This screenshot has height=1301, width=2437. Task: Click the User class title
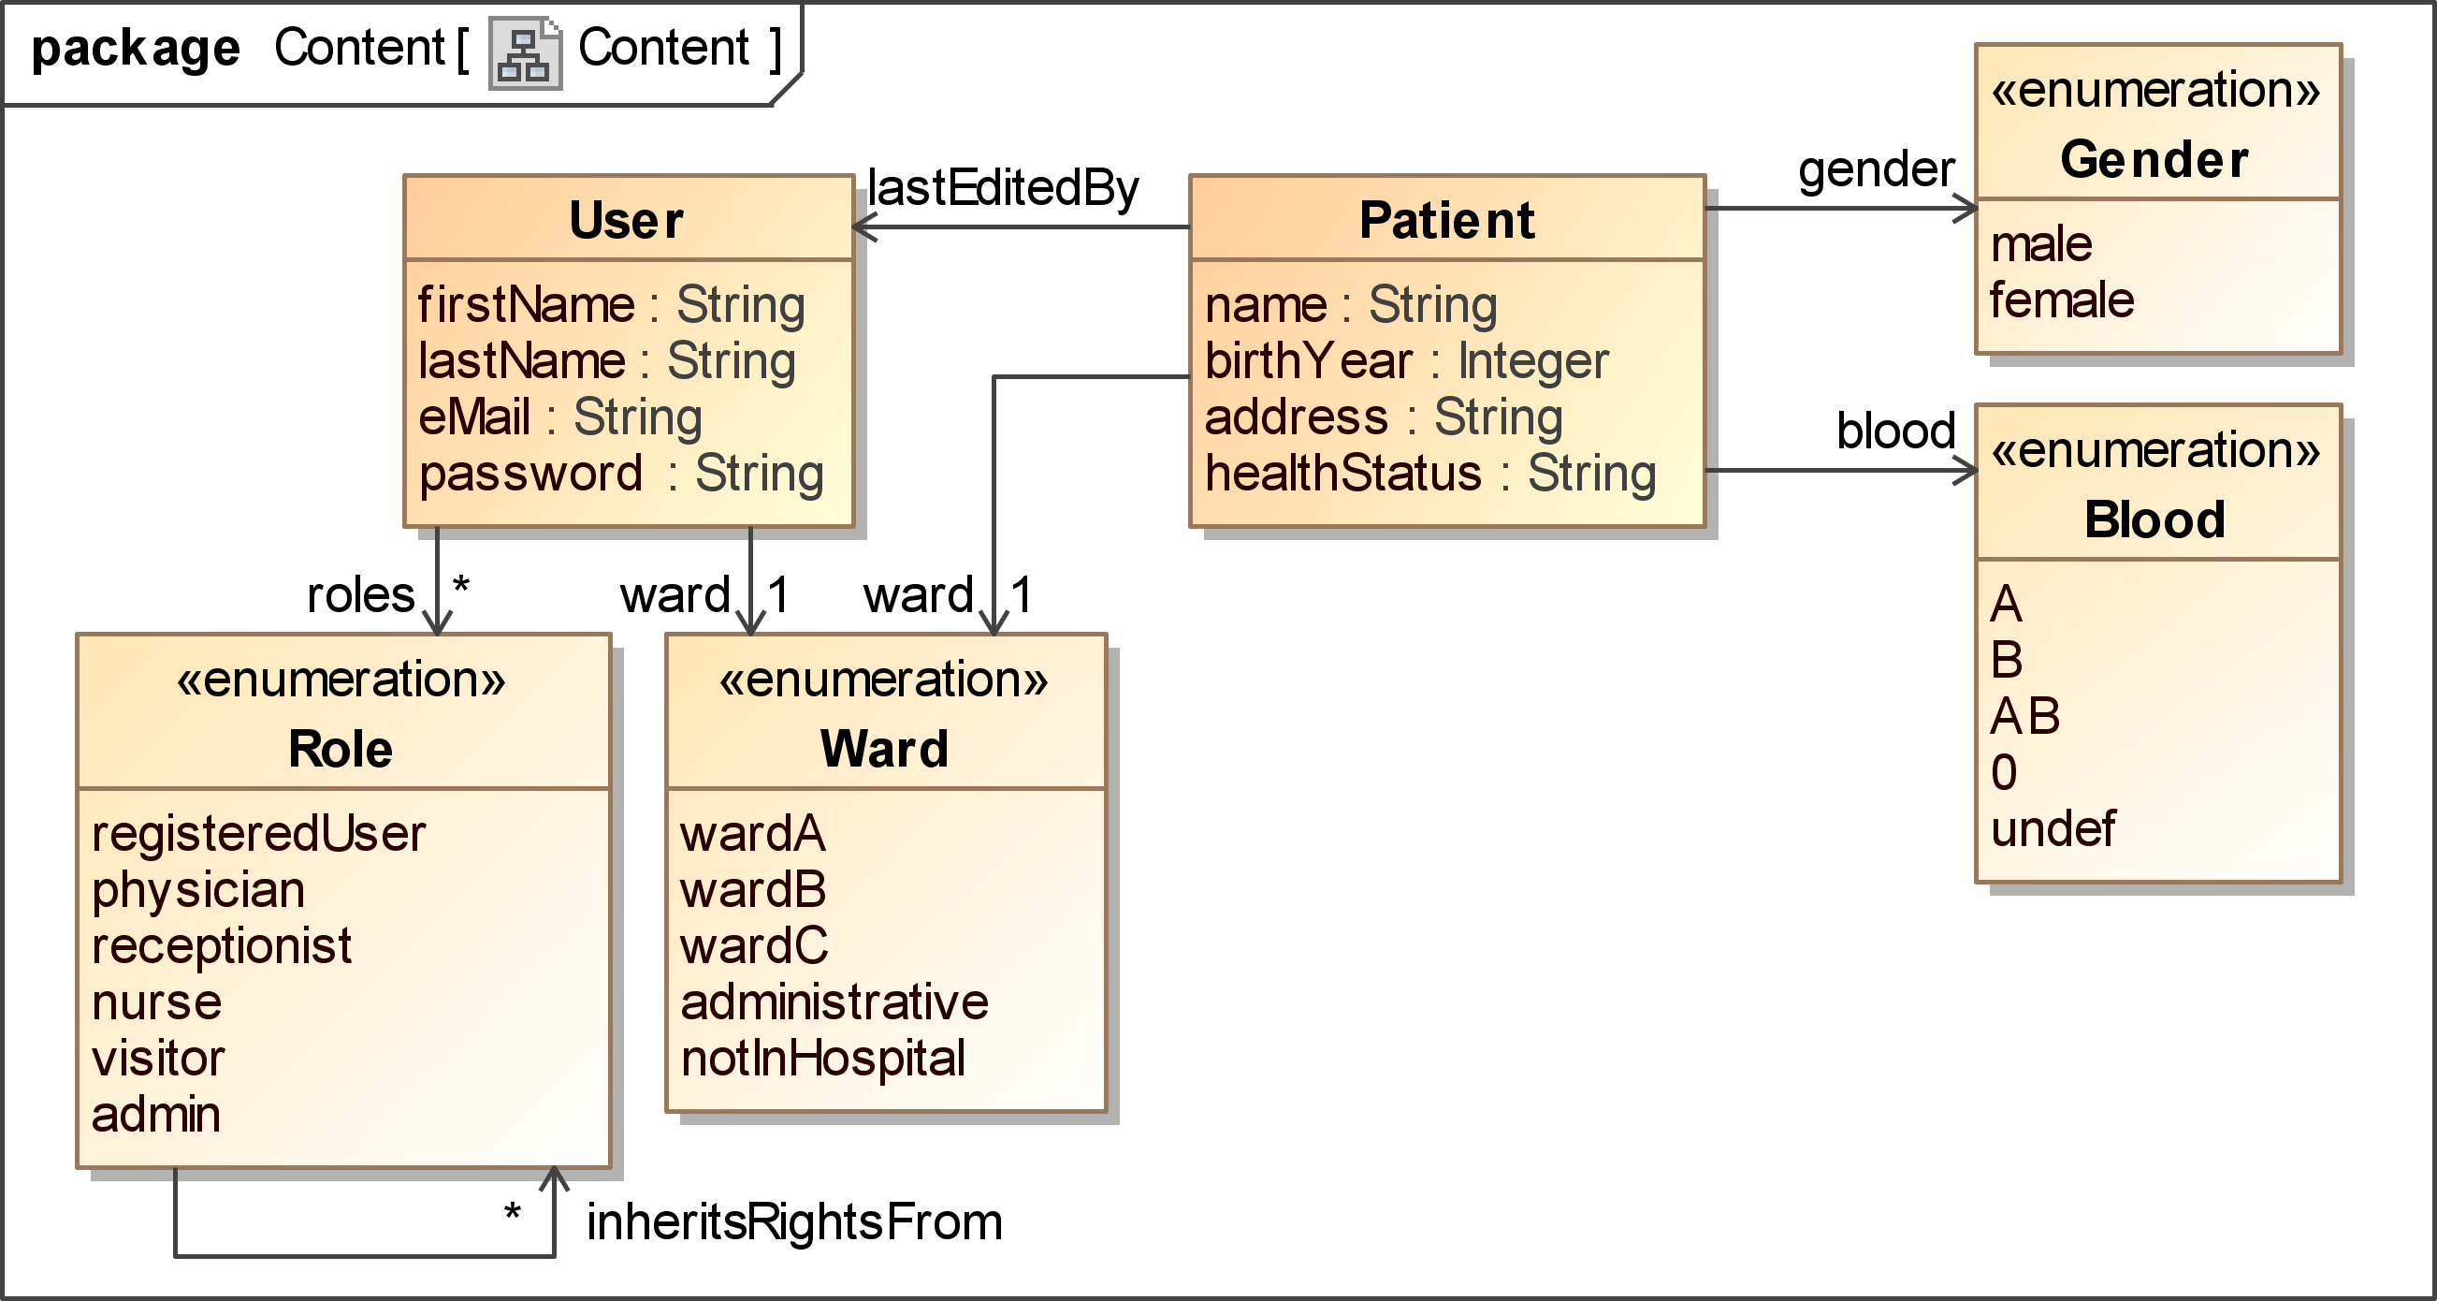pyautogui.click(x=626, y=221)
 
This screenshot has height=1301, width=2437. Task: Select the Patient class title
pyautogui.click(x=1446, y=221)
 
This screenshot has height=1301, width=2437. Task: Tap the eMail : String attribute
pyautogui.click(x=560, y=417)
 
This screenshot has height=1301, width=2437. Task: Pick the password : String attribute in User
pyautogui.click(x=620, y=473)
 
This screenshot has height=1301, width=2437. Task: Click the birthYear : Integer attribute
pyautogui.click(x=1406, y=361)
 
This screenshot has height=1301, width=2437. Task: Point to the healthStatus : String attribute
pyautogui.click(x=1430, y=473)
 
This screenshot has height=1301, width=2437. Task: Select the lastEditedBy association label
pyautogui.click(x=1003, y=188)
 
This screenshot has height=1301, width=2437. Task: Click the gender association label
pyautogui.click(x=1876, y=170)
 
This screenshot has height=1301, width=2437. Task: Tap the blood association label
pyautogui.click(x=1896, y=431)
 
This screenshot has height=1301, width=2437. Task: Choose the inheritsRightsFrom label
pyautogui.click(x=794, y=1221)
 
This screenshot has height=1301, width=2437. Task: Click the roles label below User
pyautogui.click(x=360, y=595)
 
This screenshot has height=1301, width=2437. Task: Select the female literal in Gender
pyautogui.click(x=2062, y=300)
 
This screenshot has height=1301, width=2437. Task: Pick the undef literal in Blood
pyautogui.click(x=2052, y=829)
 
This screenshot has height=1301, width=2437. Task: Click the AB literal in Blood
pyautogui.click(x=2024, y=716)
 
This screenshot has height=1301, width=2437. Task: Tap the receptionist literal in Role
pyautogui.click(x=222, y=946)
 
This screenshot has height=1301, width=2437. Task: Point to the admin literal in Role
pyautogui.click(x=156, y=1115)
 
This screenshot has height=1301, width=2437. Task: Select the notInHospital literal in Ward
pyautogui.click(x=822, y=1059)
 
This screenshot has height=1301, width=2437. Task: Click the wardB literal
pyautogui.click(x=753, y=890)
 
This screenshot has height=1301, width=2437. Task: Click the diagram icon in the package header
pyautogui.click(x=525, y=53)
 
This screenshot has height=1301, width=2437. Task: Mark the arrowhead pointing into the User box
pyautogui.click(x=863, y=227)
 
